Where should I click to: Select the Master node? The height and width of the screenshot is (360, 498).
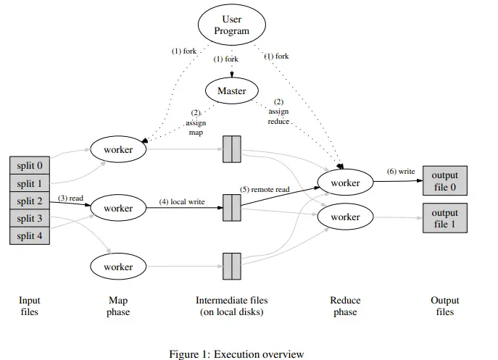click(231, 91)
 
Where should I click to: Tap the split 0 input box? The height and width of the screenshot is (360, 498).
click(30, 166)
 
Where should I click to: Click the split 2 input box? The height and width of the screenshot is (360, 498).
click(30, 201)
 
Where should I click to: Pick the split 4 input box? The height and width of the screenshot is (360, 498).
click(30, 235)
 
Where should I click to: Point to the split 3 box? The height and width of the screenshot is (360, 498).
click(30, 218)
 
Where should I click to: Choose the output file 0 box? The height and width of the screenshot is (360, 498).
click(444, 182)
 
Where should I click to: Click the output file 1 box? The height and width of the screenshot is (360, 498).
click(444, 217)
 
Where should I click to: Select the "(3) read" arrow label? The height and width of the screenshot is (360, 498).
click(71, 198)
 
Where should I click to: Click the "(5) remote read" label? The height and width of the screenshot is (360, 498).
click(265, 189)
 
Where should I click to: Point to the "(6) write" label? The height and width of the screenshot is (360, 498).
click(401, 171)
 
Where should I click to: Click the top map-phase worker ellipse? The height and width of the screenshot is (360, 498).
click(118, 149)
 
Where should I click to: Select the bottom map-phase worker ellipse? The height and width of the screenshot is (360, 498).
click(118, 267)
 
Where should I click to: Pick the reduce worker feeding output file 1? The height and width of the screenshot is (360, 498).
click(345, 217)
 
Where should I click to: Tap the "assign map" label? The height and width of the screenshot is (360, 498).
click(196, 123)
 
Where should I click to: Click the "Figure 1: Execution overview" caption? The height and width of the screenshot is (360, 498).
click(236, 354)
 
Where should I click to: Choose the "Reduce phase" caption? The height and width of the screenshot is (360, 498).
click(345, 306)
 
